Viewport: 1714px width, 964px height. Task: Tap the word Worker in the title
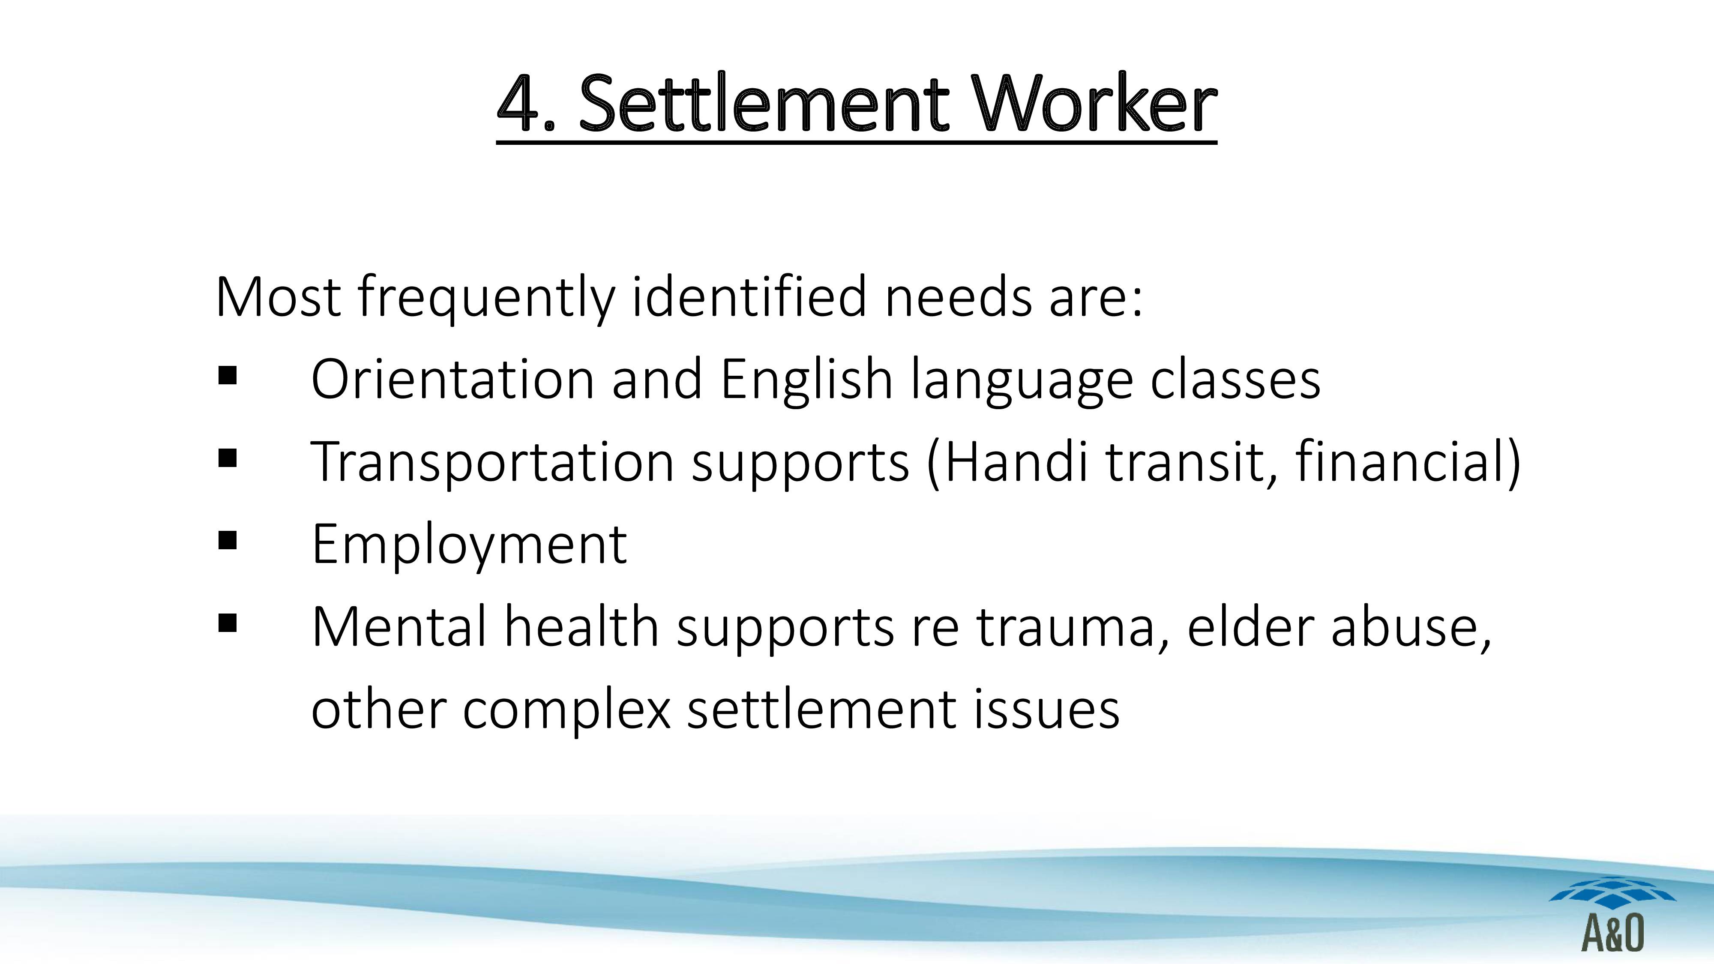1094,103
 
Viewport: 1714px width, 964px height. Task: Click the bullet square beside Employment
228,540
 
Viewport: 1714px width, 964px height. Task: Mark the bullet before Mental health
228,623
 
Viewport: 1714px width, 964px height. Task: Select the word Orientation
453,379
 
